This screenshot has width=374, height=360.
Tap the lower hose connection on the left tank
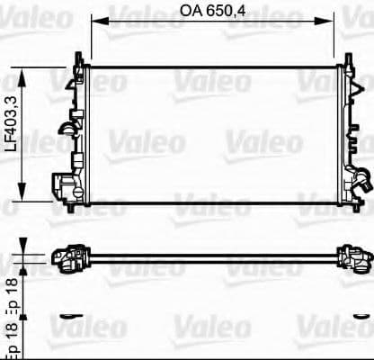[64, 187]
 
